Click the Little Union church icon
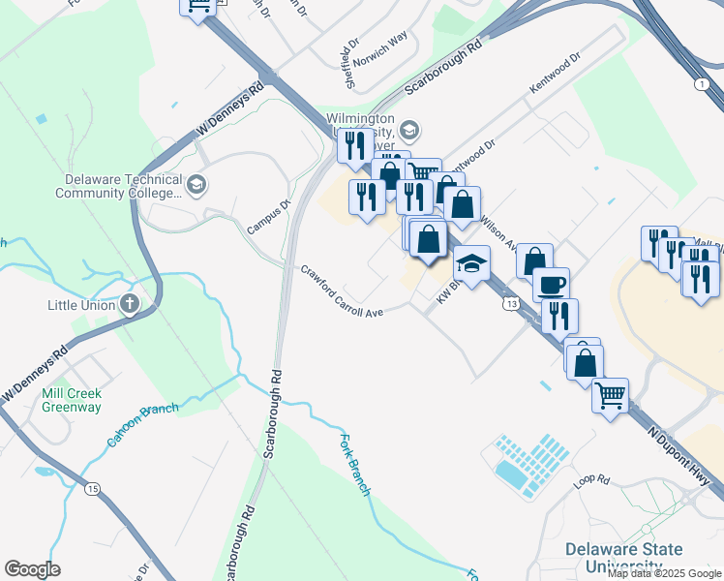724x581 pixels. [x=130, y=305]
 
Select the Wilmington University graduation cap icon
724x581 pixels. [x=409, y=130]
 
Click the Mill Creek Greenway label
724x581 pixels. [x=72, y=400]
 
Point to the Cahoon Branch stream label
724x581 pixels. [x=142, y=424]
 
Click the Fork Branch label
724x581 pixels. [x=355, y=466]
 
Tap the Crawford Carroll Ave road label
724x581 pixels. [x=341, y=290]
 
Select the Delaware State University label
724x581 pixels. [x=624, y=559]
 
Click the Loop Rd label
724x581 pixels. [x=590, y=479]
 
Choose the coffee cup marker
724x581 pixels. [x=551, y=285]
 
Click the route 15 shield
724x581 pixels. [x=92, y=489]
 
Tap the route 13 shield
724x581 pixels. [x=509, y=304]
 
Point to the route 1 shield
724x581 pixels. [x=700, y=85]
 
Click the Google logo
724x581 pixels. [x=32, y=569]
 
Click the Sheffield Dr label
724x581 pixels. [x=350, y=65]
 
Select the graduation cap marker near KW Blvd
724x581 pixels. [x=470, y=264]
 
